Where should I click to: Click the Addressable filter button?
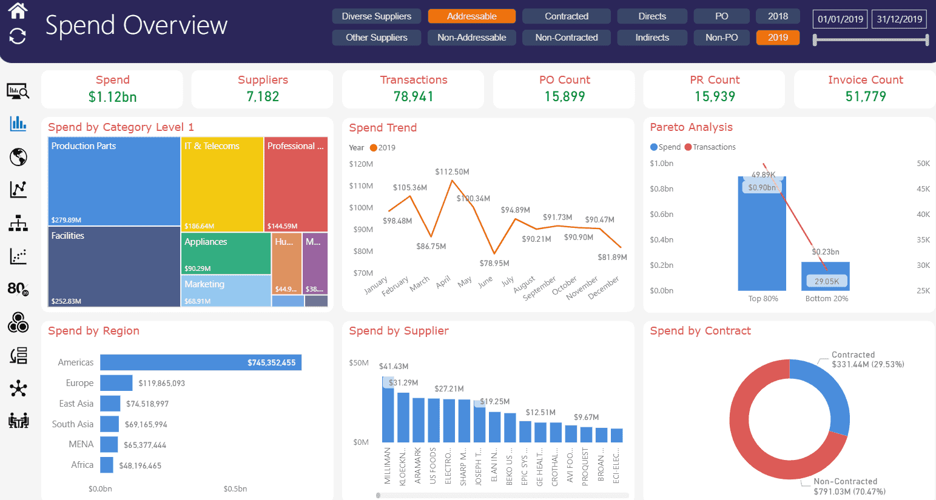click(x=471, y=16)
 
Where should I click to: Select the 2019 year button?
click(x=778, y=38)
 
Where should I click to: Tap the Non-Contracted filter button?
click(x=566, y=38)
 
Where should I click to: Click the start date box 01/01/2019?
click(x=840, y=19)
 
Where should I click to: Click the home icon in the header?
click(x=18, y=10)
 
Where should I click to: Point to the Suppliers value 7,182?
click(x=263, y=97)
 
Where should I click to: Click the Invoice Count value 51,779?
click(x=865, y=97)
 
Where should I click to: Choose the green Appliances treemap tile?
click(x=227, y=253)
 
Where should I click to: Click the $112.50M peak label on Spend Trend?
click(x=452, y=172)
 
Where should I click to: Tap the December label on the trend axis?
click(x=604, y=287)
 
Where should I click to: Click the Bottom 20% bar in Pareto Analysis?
click(x=825, y=276)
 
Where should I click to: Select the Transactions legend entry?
click(x=710, y=147)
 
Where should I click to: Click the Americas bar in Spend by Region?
click(x=200, y=362)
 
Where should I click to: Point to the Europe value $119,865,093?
click(x=161, y=384)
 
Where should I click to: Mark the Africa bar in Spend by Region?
click(x=107, y=465)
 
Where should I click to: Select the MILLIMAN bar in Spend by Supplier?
click(x=388, y=410)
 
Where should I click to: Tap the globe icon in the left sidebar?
click(x=18, y=157)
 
